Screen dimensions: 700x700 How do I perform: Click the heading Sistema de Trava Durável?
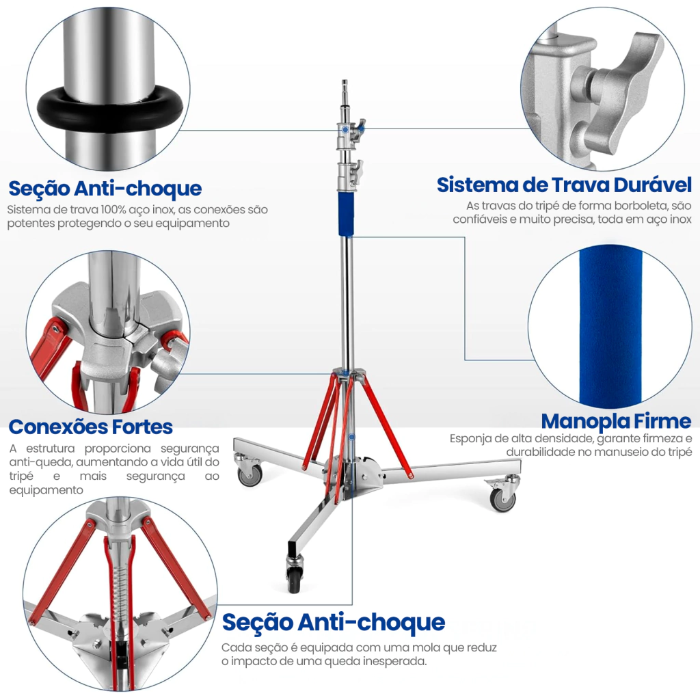coord(564,185)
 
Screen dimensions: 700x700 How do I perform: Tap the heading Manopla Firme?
coord(617,421)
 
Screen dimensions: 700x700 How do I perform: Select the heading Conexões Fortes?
coord(91,427)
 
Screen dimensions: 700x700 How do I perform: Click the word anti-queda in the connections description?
coord(37,462)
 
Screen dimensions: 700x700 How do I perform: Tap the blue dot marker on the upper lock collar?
coord(345,129)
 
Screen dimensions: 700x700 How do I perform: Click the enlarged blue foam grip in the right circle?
coord(610,327)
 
